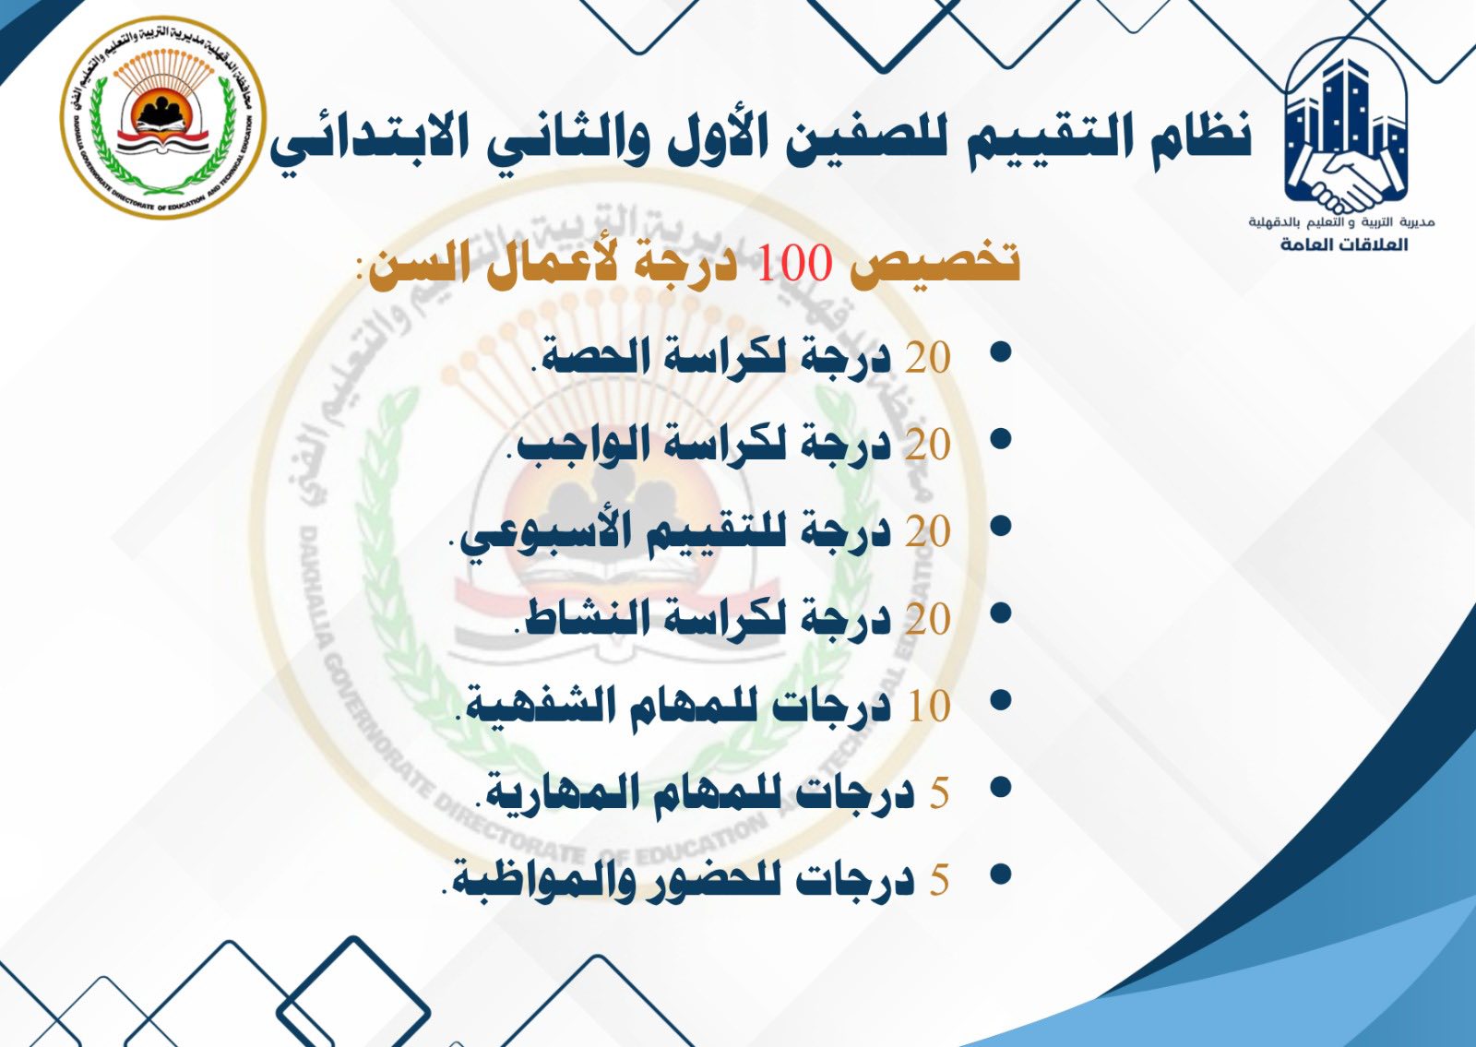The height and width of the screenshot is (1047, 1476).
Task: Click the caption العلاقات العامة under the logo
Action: coord(1345,244)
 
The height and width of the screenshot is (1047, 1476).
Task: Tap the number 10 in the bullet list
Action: coord(929,707)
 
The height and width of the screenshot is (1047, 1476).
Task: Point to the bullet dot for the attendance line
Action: coord(1001,875)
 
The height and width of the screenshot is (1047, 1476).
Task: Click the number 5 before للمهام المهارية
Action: coord(939,793)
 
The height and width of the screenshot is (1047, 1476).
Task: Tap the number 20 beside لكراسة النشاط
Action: coord(928,619)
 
